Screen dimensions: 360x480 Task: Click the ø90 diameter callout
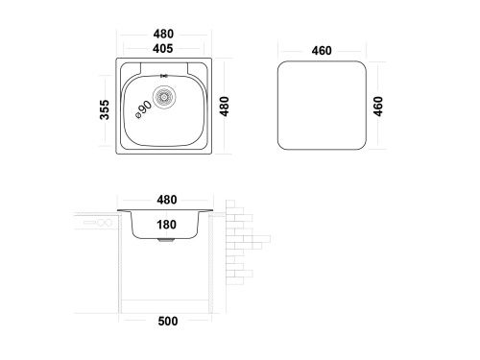[x=144, y=110]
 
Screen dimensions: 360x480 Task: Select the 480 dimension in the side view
[x=167, y=200]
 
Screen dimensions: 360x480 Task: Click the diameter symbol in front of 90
[x=138, y=116]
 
